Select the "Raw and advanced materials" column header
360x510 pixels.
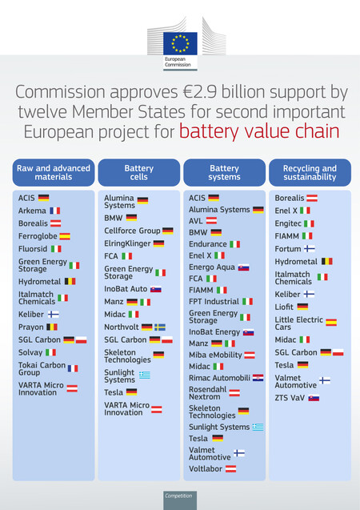click(54, 173)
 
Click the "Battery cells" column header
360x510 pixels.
click(139, 173)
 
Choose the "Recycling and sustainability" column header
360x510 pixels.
click(309, 173)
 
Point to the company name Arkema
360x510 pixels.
click(32, 211)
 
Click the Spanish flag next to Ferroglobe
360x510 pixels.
click(65, 236)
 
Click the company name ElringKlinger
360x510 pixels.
click(127, 243)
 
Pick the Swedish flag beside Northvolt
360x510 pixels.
click(160, 327)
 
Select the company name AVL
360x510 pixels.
click(196, 220)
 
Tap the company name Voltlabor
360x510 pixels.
click(206, 468)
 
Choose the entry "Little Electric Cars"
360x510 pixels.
click(299, 322)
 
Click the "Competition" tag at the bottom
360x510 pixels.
click(179, 496)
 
